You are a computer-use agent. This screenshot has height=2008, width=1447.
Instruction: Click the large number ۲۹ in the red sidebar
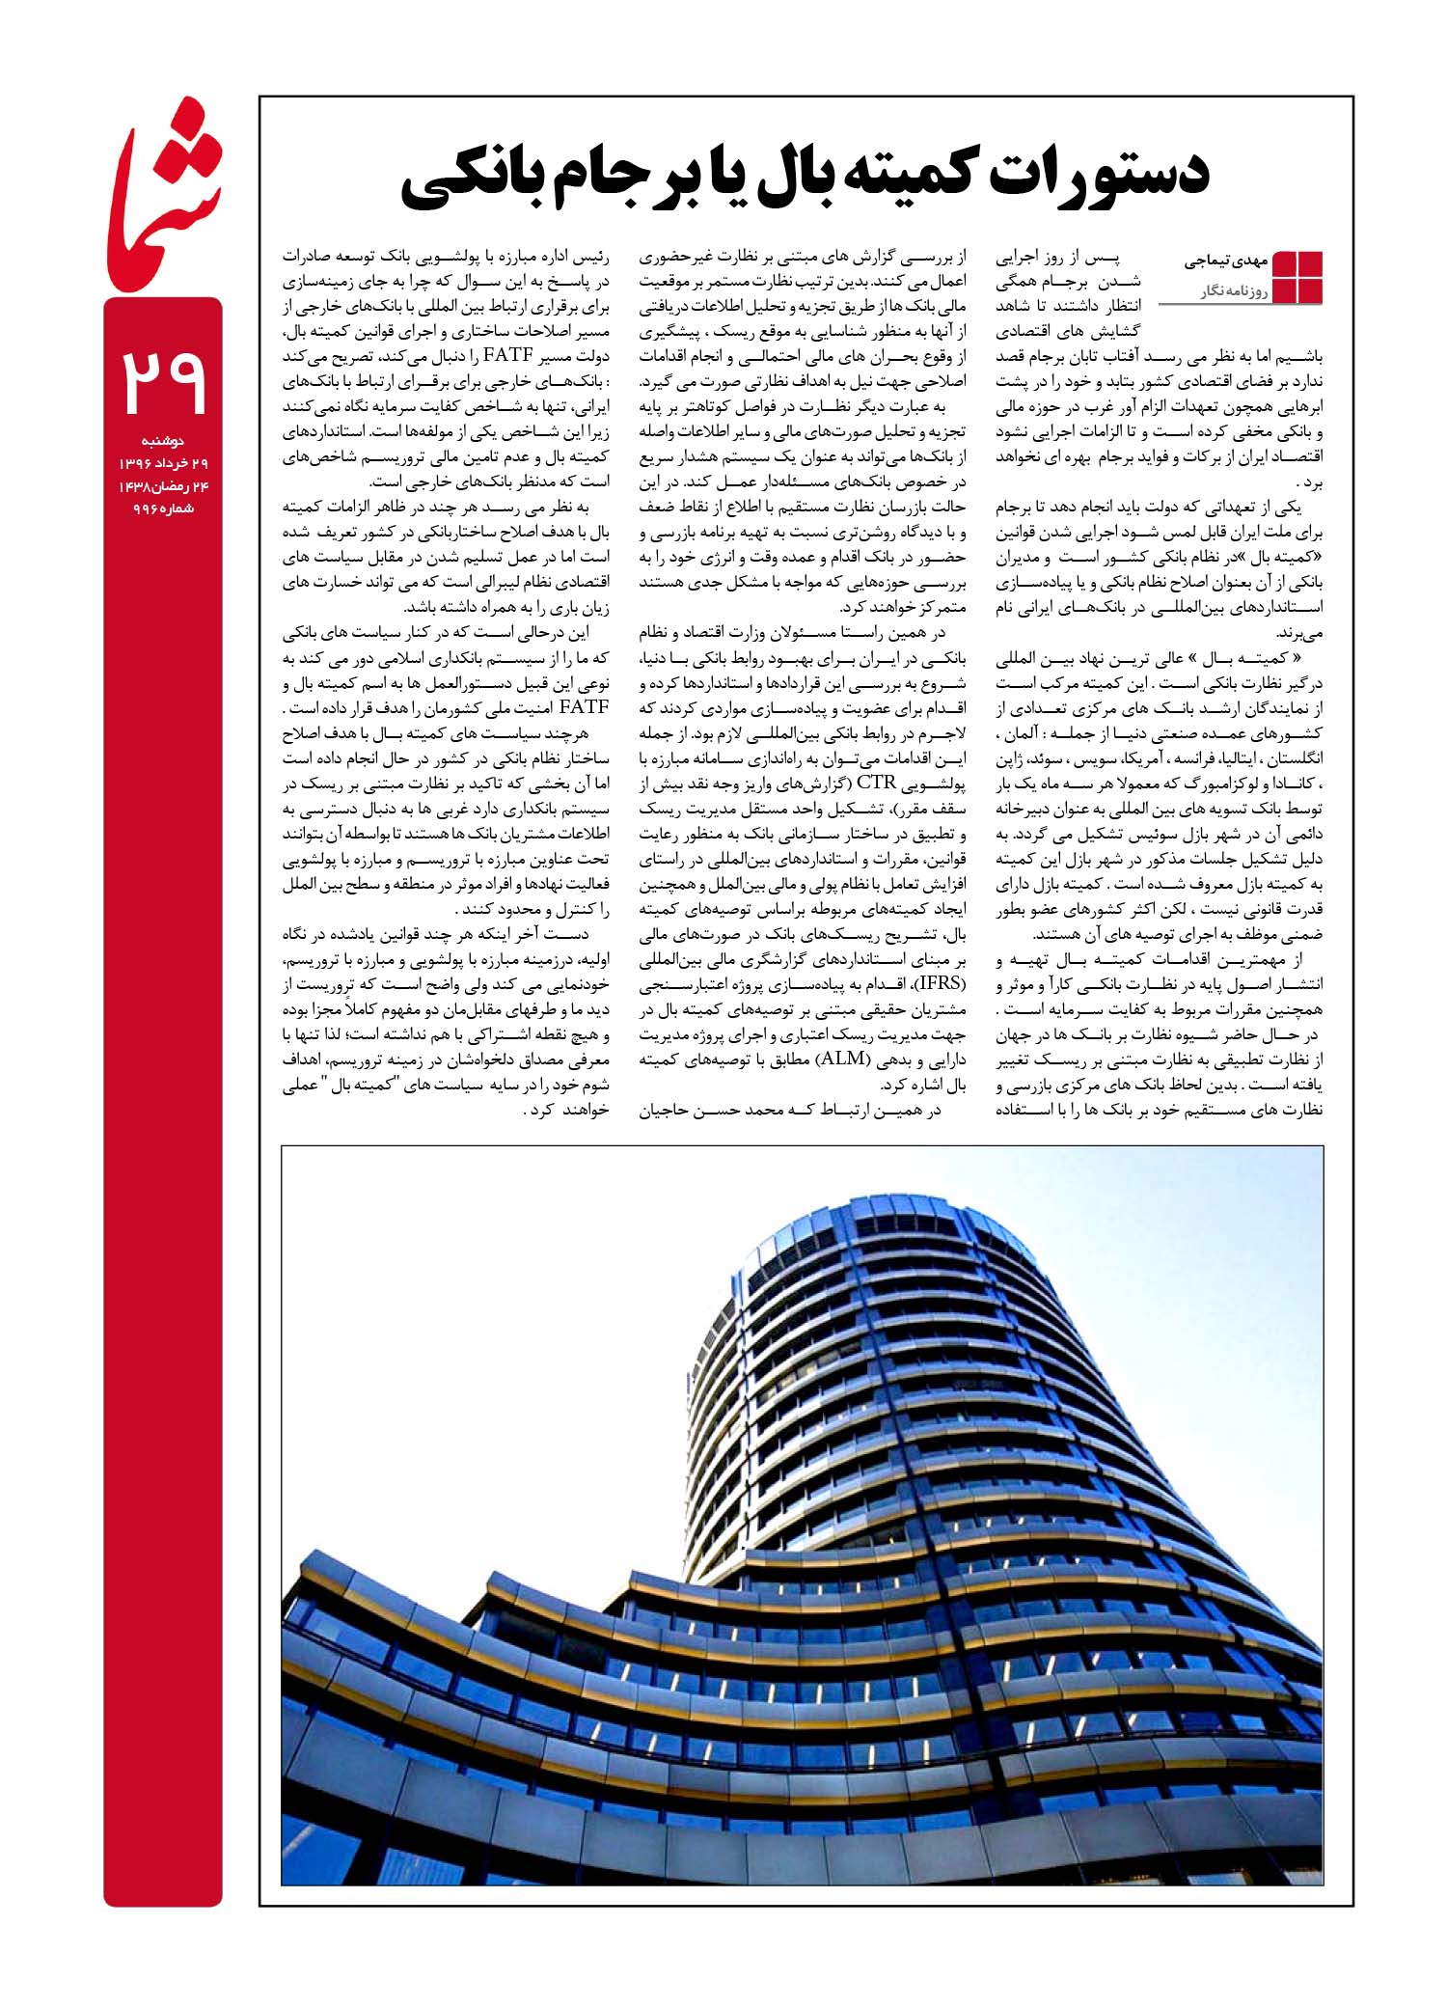163,380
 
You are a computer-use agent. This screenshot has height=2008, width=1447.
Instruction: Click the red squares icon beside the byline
1298,277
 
